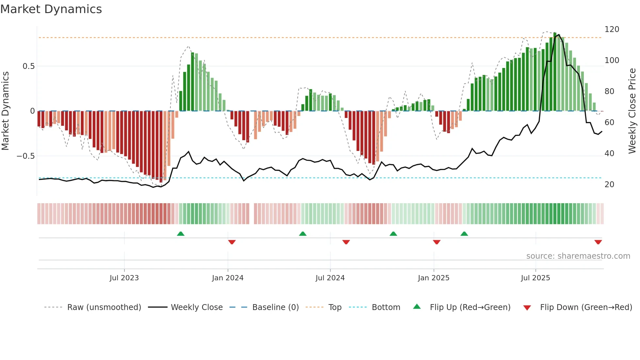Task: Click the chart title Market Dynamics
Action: [x=51, y=9]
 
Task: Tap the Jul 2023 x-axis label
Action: [x=124, y=278]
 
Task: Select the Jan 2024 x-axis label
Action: [x=228, y=278]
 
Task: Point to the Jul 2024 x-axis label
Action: [x=330, y=278]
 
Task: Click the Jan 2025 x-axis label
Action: [x=434, y=278]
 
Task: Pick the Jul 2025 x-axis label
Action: [x=536, y=278]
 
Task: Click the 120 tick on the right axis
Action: [x=612, y=29]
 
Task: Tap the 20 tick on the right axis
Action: [x=609, y=185]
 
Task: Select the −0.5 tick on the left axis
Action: [x=25, y=156]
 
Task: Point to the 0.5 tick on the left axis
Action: [x=28, y=66]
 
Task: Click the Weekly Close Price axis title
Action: [x=632, y=111]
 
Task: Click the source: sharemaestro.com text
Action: [x=578, y=256]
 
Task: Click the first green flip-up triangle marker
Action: [x=181, y=234]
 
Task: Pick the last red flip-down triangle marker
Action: [x=598, y=242]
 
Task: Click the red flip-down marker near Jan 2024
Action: [x=232, y=242]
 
